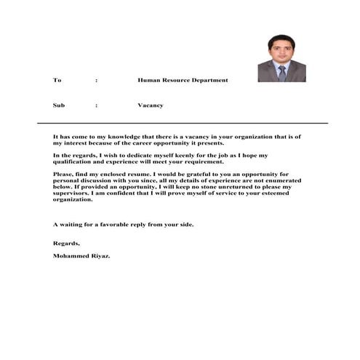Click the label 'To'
point(57,80)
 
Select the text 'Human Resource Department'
point(183,80)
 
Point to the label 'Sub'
point(59,105)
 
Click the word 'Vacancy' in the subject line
point(151,105)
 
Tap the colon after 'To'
point(97,80)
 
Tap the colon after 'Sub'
point(97,105)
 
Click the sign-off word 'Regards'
point(66,243)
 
